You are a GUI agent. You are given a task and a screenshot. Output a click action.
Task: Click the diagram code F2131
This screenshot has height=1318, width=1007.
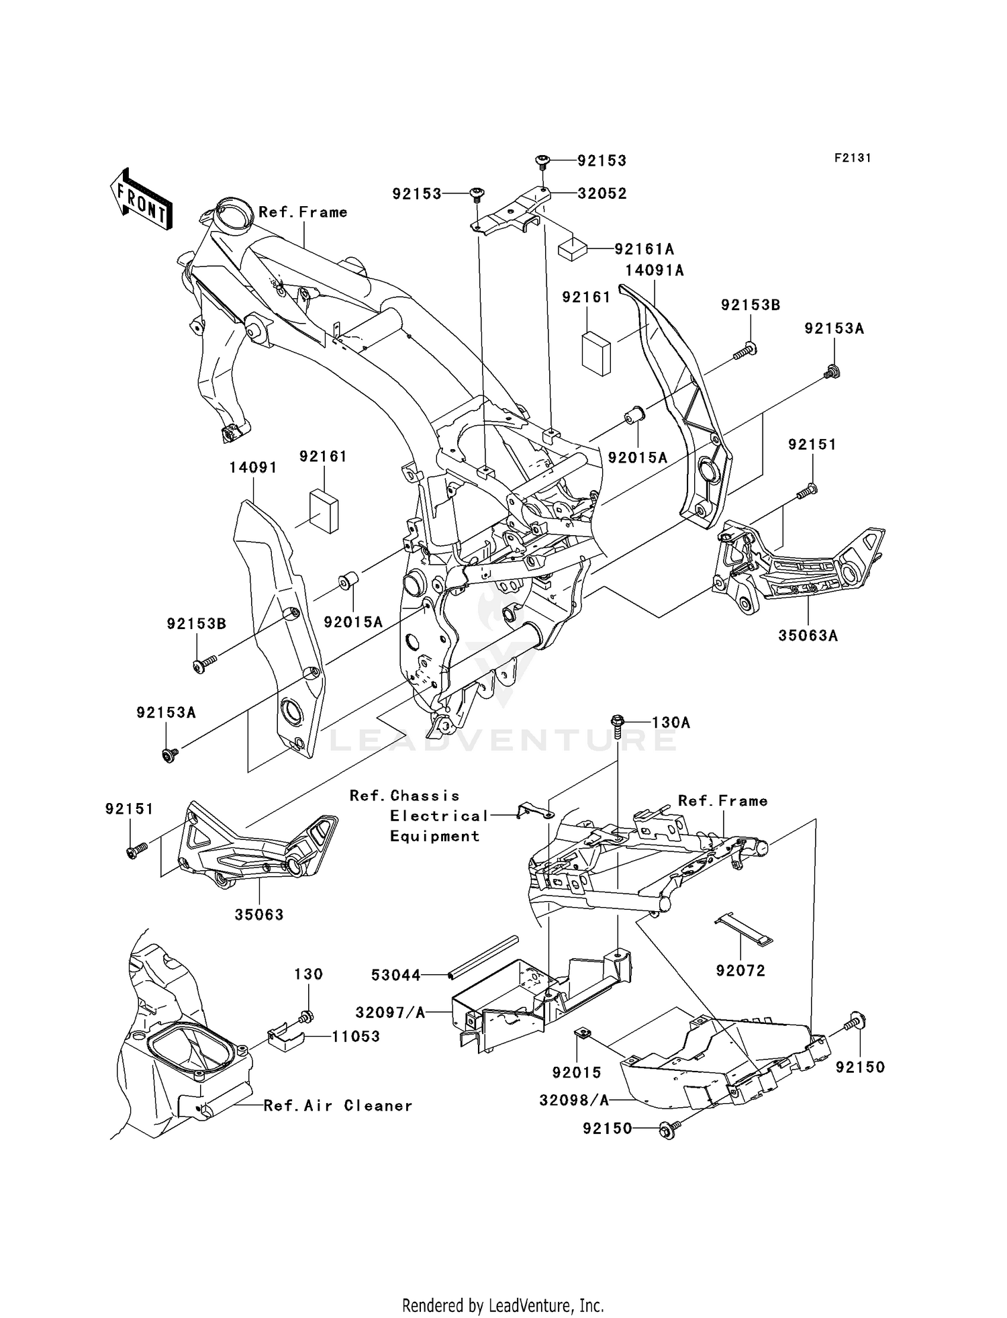tap(853, 158)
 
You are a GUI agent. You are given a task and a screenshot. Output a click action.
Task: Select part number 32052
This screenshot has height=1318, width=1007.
tap(602, 193)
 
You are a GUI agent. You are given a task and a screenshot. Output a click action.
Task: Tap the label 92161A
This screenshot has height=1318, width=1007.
tap(644, 249)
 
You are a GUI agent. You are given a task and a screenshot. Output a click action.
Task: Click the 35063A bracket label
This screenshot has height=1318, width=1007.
tap(808, 635)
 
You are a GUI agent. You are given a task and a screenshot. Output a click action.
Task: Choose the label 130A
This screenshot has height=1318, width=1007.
tap(671, 722)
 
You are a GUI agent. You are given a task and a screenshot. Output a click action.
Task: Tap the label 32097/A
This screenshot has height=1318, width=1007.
tap(391, 1013)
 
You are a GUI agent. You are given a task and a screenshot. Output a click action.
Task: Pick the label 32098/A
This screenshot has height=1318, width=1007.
tap(574, 1100)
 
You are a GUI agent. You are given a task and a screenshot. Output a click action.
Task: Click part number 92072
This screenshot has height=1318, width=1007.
tap(740, 971)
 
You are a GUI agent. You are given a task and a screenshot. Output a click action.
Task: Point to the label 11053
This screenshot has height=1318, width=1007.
tap(356, 1036)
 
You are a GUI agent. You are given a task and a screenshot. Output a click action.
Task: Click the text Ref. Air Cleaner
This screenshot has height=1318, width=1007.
tap(338, 1106)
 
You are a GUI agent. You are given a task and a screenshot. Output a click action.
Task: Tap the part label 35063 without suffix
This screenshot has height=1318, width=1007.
tap(259, 914)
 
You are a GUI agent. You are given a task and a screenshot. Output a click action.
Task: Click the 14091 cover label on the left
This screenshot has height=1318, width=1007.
tap(253, 467)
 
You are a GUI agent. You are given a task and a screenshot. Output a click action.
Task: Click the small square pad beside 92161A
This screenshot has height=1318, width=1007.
tap(573, 250)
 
